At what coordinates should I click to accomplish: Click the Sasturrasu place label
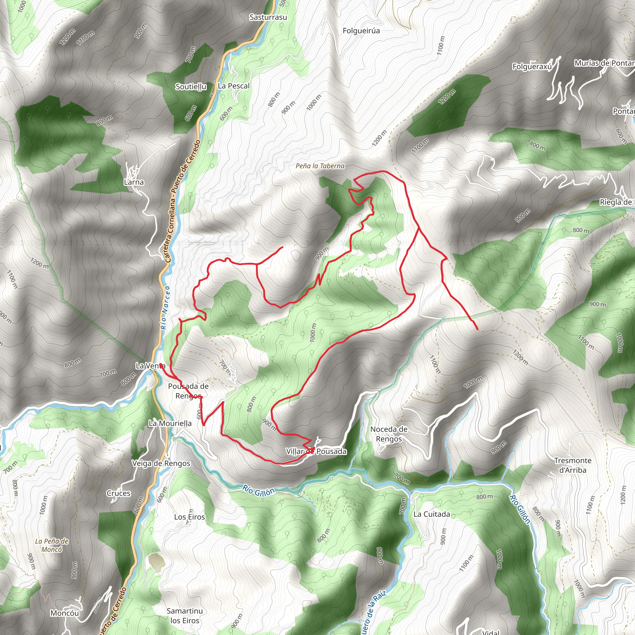268,17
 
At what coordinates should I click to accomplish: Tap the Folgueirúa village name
361,31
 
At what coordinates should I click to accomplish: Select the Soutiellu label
191,87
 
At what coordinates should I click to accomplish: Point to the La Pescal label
234,86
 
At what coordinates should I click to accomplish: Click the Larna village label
134,182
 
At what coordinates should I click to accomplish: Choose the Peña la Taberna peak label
320,166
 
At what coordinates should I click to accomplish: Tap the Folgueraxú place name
532,67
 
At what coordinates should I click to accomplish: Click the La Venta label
150,366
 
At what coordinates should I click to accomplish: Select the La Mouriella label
170,423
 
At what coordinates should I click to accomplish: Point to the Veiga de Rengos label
161,464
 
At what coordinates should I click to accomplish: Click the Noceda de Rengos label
389,434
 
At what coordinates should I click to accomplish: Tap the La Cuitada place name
432,514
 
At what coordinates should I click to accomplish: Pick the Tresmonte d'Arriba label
573,465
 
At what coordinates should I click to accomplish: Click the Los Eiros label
189,517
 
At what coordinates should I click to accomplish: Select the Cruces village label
118,493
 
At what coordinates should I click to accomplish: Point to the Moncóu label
65,613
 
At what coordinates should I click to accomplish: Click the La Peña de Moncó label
51,545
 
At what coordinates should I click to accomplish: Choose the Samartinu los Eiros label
185,615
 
